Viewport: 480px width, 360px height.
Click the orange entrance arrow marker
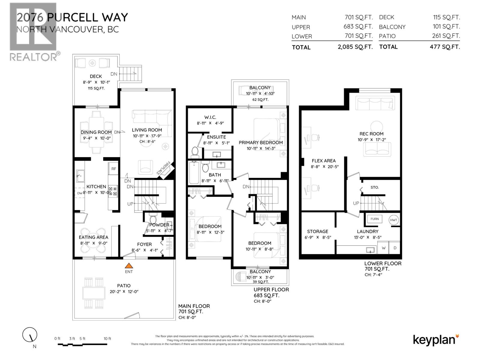[129, 265]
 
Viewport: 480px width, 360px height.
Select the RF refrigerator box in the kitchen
[114, 169]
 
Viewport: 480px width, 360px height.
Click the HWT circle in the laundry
[394, 220]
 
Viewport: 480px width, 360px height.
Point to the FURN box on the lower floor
[374, 219]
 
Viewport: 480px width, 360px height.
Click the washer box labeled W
[383, 248]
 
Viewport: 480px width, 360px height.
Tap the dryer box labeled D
[395, 248]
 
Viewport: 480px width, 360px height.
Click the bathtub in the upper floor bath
[193, 173]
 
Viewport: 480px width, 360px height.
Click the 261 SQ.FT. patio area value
[446, 36]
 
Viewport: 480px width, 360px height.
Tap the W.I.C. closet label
[210, 117]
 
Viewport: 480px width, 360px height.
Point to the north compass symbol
[30, 334]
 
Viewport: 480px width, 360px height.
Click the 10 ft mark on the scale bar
[107, 339]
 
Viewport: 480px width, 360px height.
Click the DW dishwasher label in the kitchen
[79, 193]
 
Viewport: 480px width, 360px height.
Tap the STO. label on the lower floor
[374, 187]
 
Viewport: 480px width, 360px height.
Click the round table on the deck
[93, 63]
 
